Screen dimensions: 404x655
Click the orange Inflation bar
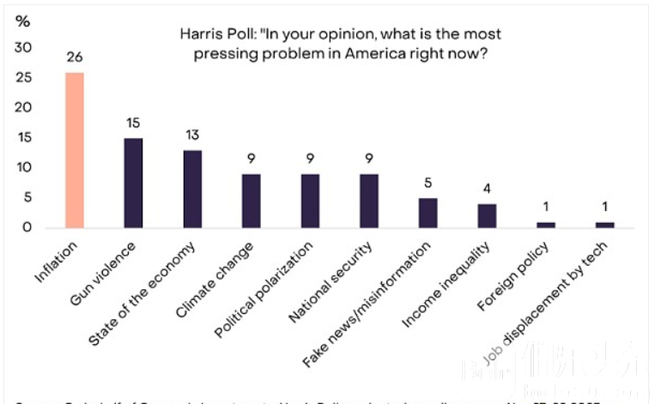pyautogui.click(x=75, y=150)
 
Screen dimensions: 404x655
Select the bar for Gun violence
pyautogui.click(x=133, y=183)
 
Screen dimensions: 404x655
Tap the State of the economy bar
pyautogui.click(x=192, y=189)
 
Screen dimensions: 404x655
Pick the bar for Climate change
pyautogui.click(x=251, y=201)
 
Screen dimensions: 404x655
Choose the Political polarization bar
pyautogui.click(x=310, y=201)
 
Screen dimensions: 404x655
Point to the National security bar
pyautogui.click(x=368, y=201)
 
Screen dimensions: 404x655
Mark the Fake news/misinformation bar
pyautogui.click(x=428, y=213)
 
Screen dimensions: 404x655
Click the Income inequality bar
pyautogui.click(x=486, y=215)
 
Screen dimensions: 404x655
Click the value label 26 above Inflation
pyautogui.click(x=75, y=57)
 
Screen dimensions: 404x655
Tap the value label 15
pyautogui.click(x=133, y=123)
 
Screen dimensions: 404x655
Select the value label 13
pyautogui.click(x=192, y=135)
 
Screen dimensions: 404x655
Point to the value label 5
pyautogui.click(x=428, y=183)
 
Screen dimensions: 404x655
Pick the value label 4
pyautogui.click(x=486, y=189)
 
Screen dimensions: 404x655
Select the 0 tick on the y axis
pyautogui.click(x=28, y=227)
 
